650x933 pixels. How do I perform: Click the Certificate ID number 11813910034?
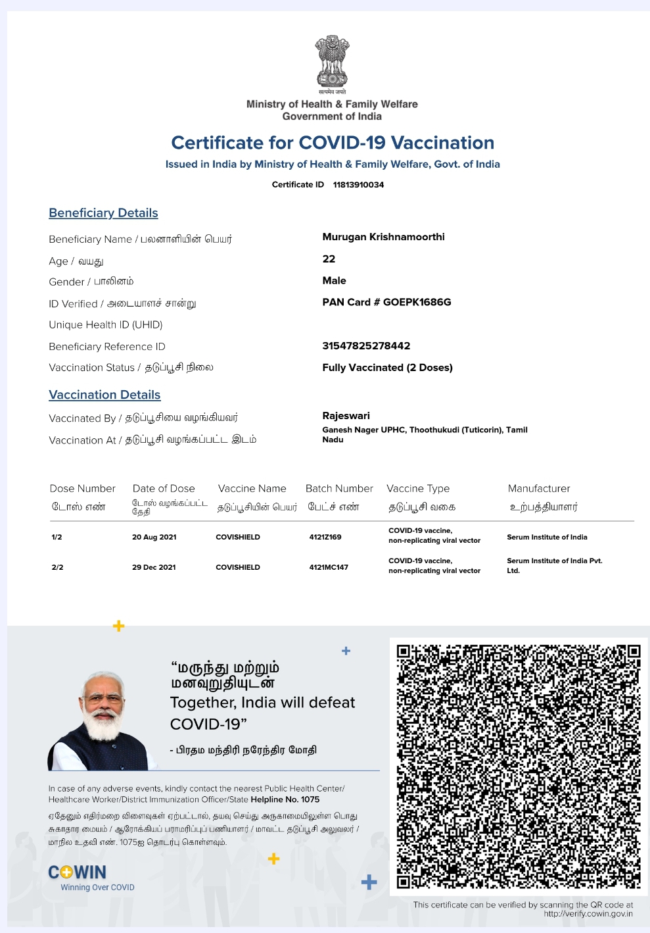pos(358,185)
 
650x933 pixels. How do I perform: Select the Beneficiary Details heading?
pos(103,213)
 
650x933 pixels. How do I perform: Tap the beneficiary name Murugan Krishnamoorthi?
pos(383,237)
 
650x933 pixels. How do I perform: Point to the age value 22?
pos(329,259)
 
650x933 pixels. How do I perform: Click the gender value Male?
pos(334,281)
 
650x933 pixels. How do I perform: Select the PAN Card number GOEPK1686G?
pos(417,303)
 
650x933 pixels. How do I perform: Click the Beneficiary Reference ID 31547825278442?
pos(366,346)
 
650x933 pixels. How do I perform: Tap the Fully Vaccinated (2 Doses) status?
pos(387,368)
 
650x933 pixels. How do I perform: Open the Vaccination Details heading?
pos(104,395)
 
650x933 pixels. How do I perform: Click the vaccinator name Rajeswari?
pos(346,416)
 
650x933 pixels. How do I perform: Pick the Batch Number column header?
pos(339,489)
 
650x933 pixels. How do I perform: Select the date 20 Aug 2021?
pos(154,538)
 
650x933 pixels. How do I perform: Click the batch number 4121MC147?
pos(329,567)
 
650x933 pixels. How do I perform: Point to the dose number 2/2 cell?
pos(58,567)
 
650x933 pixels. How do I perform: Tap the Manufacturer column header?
pos(539,489)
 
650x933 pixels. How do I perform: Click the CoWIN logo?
pos(78,873)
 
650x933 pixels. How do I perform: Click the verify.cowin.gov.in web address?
pos(588,914)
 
